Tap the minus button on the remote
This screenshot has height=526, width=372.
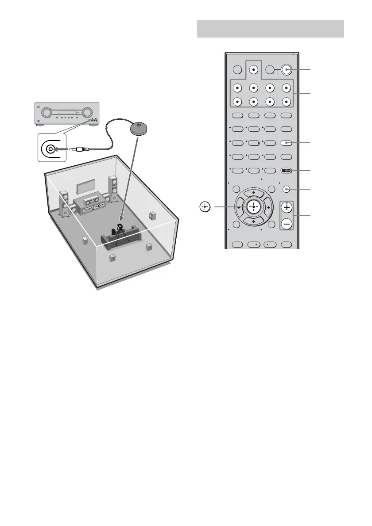coord(287,224)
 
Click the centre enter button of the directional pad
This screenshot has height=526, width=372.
coord(253,206)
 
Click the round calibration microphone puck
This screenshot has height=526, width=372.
coord(139,128)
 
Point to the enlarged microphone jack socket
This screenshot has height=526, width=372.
coord(50,149)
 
